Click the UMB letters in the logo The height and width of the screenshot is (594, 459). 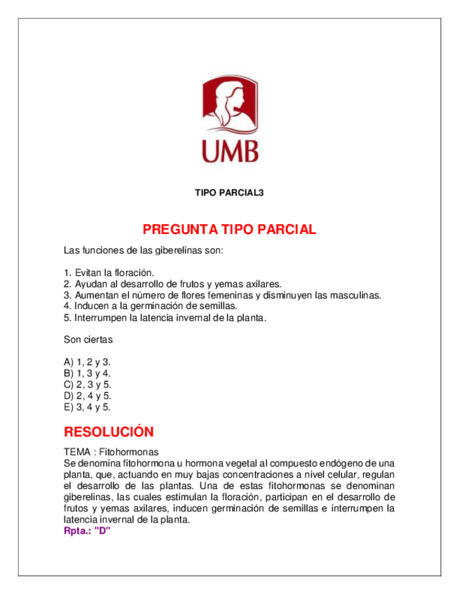coord(229,151)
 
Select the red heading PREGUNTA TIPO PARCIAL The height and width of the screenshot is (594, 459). coord(229,230)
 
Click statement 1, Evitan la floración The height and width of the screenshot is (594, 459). coord(109,272)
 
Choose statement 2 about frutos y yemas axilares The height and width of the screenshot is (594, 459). coord(172,284)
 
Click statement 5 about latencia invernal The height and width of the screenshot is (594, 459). coord(165,317)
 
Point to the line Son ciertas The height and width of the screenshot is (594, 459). coord(88,340)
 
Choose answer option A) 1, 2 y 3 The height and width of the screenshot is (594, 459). coord(88,362)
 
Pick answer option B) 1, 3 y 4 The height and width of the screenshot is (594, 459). coord(88,373)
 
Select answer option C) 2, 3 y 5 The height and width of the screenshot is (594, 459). coord(88,385)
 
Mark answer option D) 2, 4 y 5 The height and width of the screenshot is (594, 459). coord(88,396)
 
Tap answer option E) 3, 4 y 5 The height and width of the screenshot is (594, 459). coord(88,407)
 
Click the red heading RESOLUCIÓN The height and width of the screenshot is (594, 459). coord(109,431)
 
